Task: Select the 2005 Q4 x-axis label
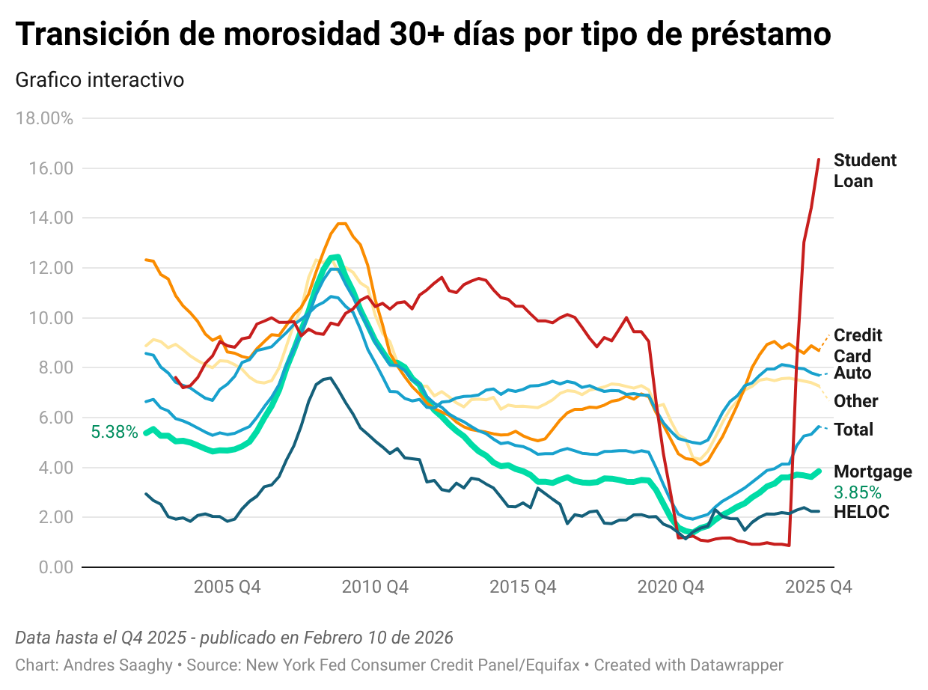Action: [228, 587]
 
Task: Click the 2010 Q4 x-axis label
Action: [375, 587]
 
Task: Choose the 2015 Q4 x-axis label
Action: [523, 587]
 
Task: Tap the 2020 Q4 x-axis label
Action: [671, 587]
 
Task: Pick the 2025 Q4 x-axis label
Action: [818, 587]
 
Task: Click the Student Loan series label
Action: [864, 171]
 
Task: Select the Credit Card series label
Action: [858, 346]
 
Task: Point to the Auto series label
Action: [852, 373]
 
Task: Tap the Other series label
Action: [855, 401]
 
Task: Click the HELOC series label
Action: [861, 513]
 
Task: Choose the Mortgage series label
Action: [873, 471]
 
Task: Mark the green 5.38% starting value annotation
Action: [115, 432]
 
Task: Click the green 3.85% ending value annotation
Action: [857, 492]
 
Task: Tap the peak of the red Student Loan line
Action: [819, 159]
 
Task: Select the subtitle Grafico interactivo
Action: [100, 79]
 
